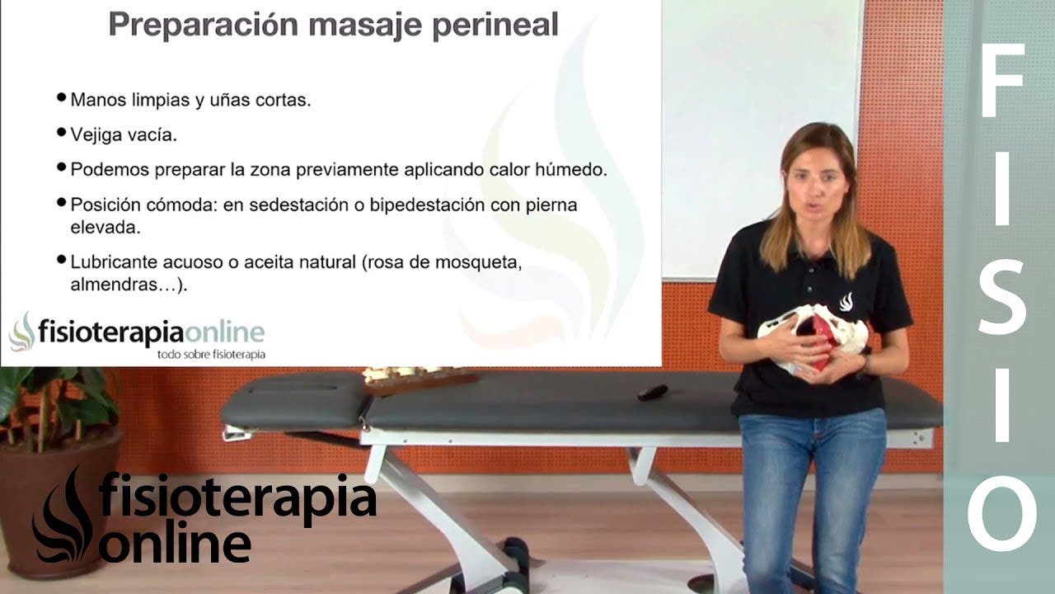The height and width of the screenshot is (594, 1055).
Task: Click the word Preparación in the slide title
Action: pyautogui.click(x=204, y=25)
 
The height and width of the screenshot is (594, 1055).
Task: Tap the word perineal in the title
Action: pyautogui.click(x=495, y=25)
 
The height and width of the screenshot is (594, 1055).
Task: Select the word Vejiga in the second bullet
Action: pyautogui.click(x=96, y=135)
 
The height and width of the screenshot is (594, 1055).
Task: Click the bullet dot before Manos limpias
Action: pyautogui.click(x=61, y=97)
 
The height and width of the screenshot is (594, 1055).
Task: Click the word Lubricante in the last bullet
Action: pyautogui.click(x=114, y=262)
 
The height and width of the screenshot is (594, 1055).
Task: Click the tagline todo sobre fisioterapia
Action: pyautogui.click(x=211, y=355)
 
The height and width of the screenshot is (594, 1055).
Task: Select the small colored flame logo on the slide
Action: pyautogui.click(x=22, y=332)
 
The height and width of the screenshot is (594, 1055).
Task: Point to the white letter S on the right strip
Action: pyautogui.click(x=1001, y=298)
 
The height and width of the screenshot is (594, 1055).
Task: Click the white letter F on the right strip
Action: pyautogui.click(x=1002, y=80)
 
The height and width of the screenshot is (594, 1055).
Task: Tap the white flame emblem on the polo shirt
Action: pyautogui.click(x=846, y=302)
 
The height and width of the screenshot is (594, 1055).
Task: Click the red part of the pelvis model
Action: pyautogui.click(x=819, y=338)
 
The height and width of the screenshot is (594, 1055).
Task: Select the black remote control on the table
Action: pyautogui.click(x=652, y=392)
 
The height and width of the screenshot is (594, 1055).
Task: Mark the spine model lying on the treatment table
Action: pyautogui.click(x=420, y=379)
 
